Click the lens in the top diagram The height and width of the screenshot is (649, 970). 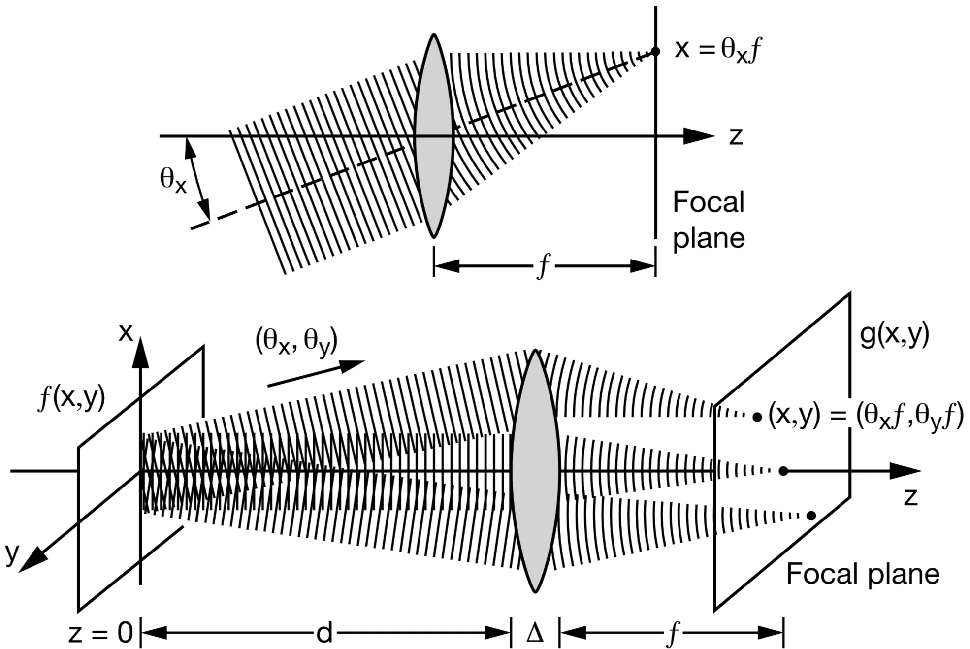(433, 136)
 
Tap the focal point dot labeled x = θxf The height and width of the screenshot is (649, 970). (655, 51)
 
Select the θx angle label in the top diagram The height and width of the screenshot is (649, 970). (173, 180)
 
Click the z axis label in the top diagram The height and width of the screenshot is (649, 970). (736, 136)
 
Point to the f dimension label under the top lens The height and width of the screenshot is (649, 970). (544, 266)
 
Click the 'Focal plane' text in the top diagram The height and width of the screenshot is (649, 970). (708, 220)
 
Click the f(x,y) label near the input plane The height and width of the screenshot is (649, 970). (72, 398)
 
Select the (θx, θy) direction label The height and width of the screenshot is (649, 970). (296, 341)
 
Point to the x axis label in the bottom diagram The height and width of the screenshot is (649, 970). (126, 333)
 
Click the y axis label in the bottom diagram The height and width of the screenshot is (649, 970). (12, 552)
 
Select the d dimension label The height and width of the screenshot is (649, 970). (324, 633)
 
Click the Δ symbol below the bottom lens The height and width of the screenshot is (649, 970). (535, 633)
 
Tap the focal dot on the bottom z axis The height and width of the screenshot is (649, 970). (783, 471)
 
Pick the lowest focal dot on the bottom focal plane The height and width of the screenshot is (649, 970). (811, 516)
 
